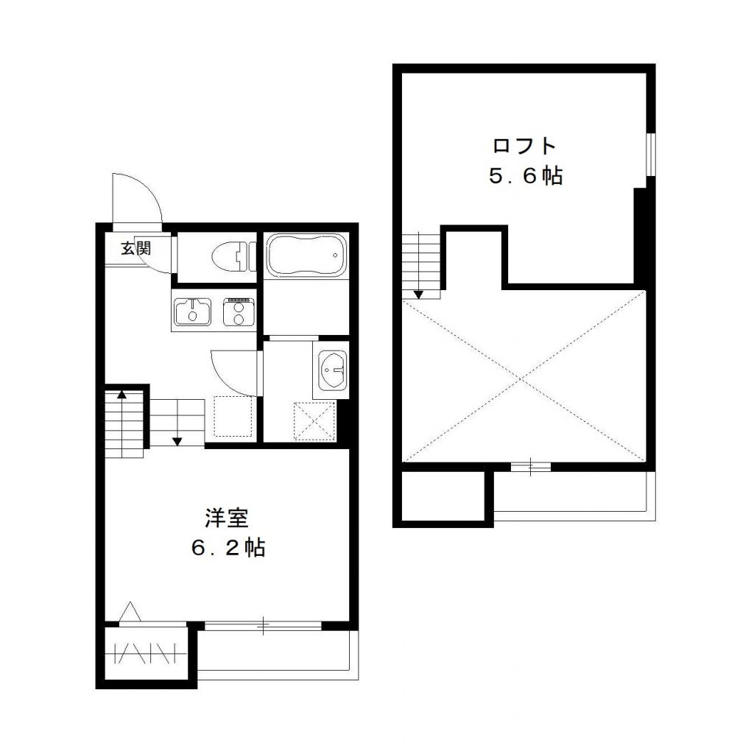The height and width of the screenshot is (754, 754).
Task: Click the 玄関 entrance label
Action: click(136, 248)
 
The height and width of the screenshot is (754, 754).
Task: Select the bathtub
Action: click(304, 256)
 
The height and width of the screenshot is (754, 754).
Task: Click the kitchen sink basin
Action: click(192, 311)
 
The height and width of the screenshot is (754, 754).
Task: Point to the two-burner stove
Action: click(238, 311)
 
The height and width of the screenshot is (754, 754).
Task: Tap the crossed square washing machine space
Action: click(314, 420)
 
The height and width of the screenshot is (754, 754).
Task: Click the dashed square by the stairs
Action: click(233, 417)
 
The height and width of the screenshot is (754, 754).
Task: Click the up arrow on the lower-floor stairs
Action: click(121, 395)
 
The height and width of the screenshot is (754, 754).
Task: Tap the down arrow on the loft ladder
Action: click(418, 294)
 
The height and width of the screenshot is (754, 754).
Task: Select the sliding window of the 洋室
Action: click(263, 626)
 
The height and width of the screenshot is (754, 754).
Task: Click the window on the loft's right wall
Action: click(649, 155)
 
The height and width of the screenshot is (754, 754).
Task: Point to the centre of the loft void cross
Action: click(524, 376)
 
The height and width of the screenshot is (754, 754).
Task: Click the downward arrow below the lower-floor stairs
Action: click(177, 442)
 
